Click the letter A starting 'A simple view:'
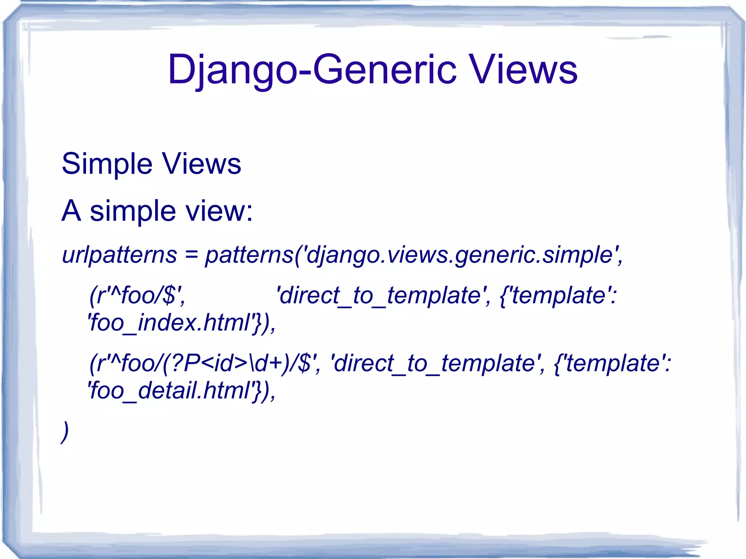71,211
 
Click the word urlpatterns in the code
119,255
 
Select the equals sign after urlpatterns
191,255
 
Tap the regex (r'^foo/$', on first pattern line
137,295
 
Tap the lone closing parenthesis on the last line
65,432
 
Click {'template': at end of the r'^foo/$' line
558,295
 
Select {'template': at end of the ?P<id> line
612,363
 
